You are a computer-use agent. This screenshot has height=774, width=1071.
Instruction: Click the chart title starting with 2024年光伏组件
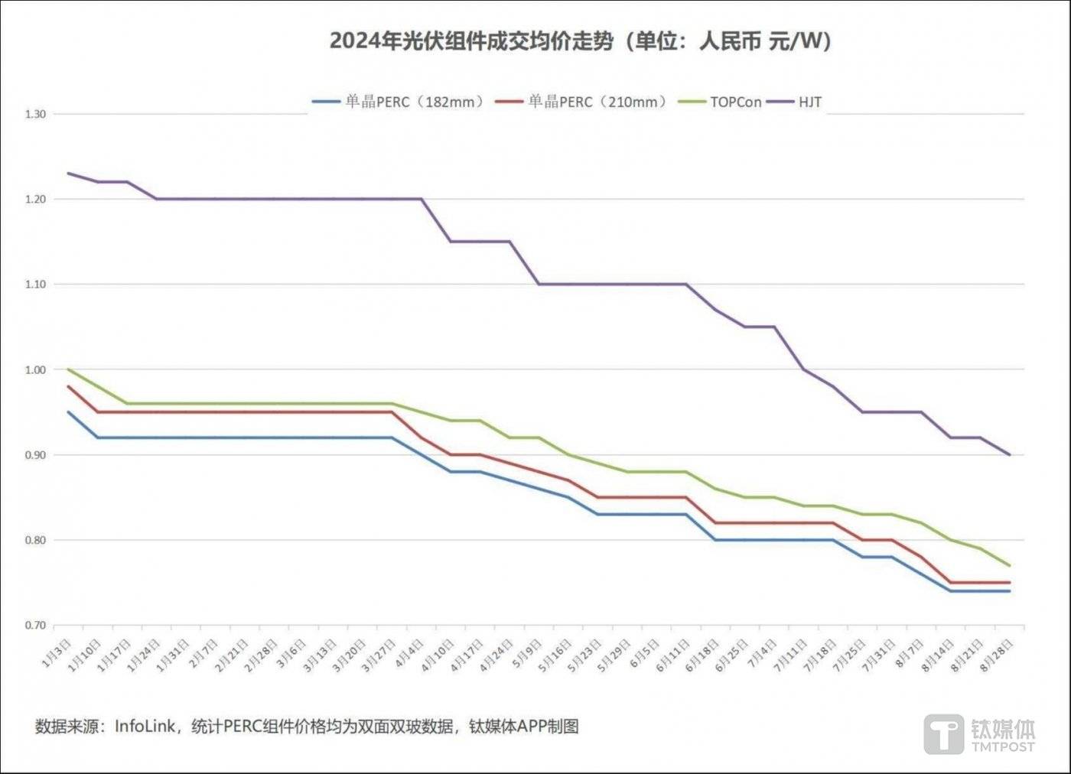coord(580,41)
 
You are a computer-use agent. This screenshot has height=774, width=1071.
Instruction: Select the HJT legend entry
coord(809,102)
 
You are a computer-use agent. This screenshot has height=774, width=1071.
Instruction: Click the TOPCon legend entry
coord(735,102)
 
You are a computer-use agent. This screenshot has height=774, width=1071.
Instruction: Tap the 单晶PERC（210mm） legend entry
coord(597,102)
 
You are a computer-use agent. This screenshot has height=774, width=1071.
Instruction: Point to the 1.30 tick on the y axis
coord(35,114)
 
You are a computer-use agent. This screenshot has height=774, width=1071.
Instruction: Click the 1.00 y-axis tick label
coord(35,369)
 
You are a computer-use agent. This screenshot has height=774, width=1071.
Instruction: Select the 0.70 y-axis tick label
coord(35,625)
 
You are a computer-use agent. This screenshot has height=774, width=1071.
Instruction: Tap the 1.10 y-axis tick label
coord(35,284)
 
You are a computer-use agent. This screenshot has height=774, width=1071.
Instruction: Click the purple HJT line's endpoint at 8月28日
coord(1010,455)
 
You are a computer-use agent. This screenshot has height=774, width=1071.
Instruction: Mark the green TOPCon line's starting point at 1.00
coord(69,369)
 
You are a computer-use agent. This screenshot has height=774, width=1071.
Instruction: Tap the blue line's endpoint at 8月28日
coord(1010,591)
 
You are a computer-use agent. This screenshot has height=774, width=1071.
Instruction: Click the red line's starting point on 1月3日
coord(69,386)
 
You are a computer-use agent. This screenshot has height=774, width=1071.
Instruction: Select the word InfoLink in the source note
coord(145,726)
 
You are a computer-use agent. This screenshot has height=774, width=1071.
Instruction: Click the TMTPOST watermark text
coord(1003,746)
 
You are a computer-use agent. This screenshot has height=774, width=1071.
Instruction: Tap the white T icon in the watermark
coord(944,734)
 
